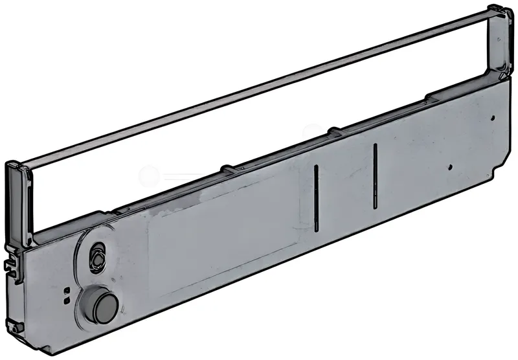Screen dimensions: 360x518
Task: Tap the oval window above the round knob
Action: [97, 253]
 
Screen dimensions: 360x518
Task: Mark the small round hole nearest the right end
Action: [493, 118]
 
